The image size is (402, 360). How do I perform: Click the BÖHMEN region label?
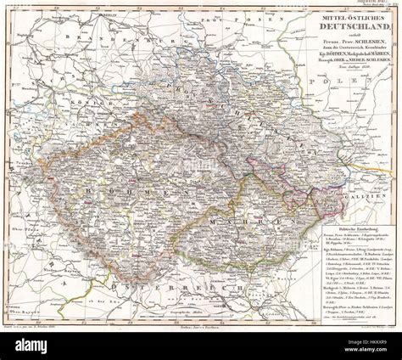tap(136, 197)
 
